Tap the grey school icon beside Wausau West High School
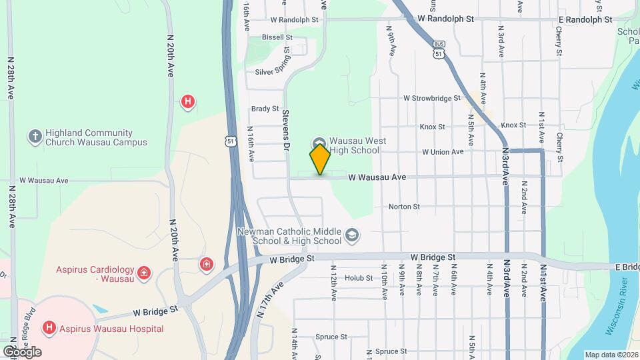pos(318,143)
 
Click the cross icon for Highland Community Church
pos(35,137)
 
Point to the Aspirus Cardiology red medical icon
pos(143,273)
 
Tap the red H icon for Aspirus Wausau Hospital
pos(48,328)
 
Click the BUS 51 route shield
pos(438,50)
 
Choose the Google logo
pos(22,351)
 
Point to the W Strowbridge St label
pos(431,98)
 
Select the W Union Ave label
pos(442,152)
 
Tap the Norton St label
pos(403,207)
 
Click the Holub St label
pos(359,278)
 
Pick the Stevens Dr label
pos(286,129)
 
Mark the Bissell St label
pos(277,37)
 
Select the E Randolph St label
pos(585,20)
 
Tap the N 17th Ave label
pos(271,299)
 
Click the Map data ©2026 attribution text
pos(611,355)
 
